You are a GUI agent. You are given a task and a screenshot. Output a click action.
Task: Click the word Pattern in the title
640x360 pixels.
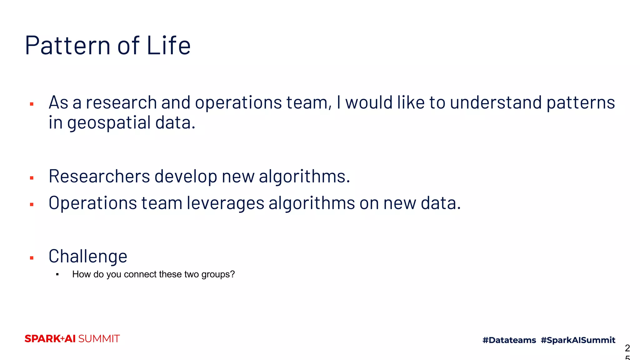point(67,46)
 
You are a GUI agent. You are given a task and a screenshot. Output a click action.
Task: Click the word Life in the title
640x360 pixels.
point(168,46)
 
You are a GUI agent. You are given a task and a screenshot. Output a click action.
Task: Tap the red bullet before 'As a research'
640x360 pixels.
point(32,104)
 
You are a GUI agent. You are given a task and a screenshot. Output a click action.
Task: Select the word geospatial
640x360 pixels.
point(109,123)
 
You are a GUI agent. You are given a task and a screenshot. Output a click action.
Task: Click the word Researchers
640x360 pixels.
point(99,176)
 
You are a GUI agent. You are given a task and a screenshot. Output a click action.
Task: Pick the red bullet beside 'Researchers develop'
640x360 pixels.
point(32,178)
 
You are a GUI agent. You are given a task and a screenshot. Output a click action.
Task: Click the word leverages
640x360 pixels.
point(226,203)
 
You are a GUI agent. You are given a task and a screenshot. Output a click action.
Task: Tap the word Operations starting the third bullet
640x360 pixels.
point(93,203)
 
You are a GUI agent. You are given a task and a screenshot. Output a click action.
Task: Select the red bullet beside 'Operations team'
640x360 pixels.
point(32,205)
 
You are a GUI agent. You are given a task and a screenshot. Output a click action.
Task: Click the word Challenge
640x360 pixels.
point(88,257)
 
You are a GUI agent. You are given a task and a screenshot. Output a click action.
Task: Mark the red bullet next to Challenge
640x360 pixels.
point(32,258)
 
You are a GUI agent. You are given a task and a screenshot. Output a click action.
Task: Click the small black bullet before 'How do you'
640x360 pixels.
point(57,275)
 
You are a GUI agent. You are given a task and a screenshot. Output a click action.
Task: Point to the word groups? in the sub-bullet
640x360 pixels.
point(218,274)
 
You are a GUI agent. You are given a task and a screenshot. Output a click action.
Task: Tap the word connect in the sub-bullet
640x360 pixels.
point(140,274)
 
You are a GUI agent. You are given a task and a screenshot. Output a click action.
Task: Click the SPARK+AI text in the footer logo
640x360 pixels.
point(50,339)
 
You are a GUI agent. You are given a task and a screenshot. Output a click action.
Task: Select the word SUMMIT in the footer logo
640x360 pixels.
point(99,339)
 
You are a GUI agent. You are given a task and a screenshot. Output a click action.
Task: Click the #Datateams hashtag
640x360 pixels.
point(509,340)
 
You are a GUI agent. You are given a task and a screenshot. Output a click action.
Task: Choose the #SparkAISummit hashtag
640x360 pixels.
point(578,340)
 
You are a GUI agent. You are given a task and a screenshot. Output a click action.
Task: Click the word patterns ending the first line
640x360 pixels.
point(581,103)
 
